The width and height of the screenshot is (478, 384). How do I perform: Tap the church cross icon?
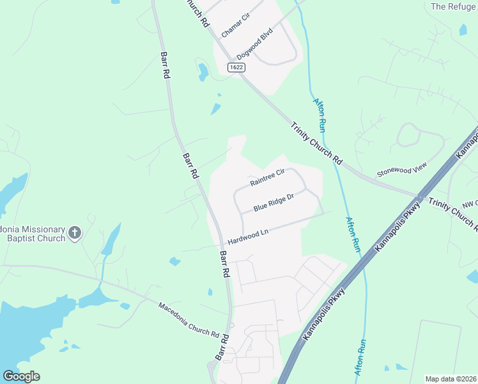tap(75, 233)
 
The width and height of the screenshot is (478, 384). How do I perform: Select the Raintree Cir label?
tap(266, 177)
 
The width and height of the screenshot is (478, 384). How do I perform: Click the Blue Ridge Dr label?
tap(273, 204)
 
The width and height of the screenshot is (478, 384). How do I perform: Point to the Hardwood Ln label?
tap(246, 237)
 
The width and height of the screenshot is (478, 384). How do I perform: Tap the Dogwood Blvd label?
tap(254, 44)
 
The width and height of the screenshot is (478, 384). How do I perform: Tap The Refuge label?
tap(453, 6)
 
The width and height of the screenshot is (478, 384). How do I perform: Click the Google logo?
tap(21, 376)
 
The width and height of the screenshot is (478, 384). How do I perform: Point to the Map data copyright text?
tap(451, 379)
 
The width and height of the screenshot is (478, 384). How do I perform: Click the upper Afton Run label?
tap(320, 111)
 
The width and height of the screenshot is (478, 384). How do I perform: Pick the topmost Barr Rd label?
tap(165, 65)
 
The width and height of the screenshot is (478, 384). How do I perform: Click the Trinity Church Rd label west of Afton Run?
tap(318, 142)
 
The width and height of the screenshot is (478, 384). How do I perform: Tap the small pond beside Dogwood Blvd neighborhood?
tap(203, 72)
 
